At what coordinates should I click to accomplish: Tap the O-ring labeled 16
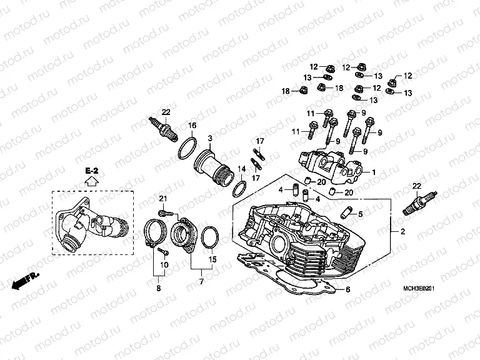pyautogui.click(x=186, y=149)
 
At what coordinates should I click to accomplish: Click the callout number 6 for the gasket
pyautogui.click(x=349, y=289)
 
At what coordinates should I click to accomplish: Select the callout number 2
pyautogui.click(x=403, y=232)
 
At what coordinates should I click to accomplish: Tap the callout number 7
pyautogui.click(x=201, y=282)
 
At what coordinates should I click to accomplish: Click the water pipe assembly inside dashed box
pyautogui.click(x=90, y=228)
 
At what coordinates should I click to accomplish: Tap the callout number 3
pyautogui.click(x=210, y=137)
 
